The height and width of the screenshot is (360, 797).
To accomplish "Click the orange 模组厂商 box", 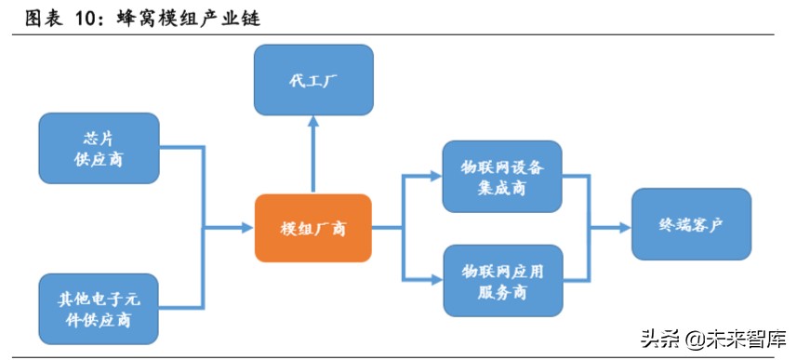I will pos(313,228).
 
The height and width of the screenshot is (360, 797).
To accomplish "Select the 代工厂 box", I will pos(313,80).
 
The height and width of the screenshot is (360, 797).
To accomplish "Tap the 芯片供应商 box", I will pos(99,148).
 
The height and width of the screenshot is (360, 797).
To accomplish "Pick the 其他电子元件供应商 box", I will pos(99,309).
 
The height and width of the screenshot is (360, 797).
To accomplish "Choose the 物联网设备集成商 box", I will pos(502,177).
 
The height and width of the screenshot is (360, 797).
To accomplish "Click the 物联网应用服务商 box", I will pos(502,279).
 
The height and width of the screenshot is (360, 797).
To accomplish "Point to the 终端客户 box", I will pos(691,224).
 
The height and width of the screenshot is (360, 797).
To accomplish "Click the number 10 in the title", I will pos(92,18).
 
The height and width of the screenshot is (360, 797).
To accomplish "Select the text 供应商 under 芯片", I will pos(99,159).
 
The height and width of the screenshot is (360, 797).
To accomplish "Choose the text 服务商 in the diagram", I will pos(502,291).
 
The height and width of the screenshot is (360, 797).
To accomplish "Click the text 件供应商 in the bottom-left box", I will pos(99,321).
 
